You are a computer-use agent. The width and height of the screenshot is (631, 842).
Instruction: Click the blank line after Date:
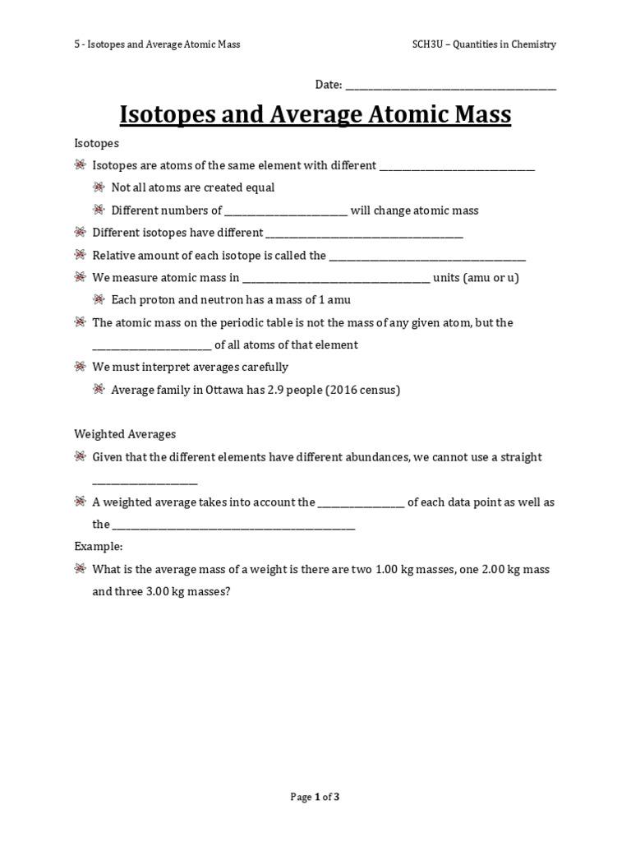[450, 86]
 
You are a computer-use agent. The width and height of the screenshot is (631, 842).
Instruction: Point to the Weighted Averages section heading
[125, 434]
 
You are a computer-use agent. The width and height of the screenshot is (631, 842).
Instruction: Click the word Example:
[99, 546]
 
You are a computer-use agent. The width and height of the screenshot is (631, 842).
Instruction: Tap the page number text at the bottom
[315, 797]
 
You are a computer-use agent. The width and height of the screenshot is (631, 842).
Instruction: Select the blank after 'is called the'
[427, 257]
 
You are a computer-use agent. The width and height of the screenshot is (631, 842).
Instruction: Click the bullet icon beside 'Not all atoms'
[99, 187]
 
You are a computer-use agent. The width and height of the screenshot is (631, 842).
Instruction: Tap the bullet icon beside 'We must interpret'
[81, 367]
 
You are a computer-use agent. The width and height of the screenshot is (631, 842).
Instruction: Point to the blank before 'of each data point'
[361, 502]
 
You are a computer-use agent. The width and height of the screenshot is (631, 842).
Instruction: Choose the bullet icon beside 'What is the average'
[81, 569]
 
